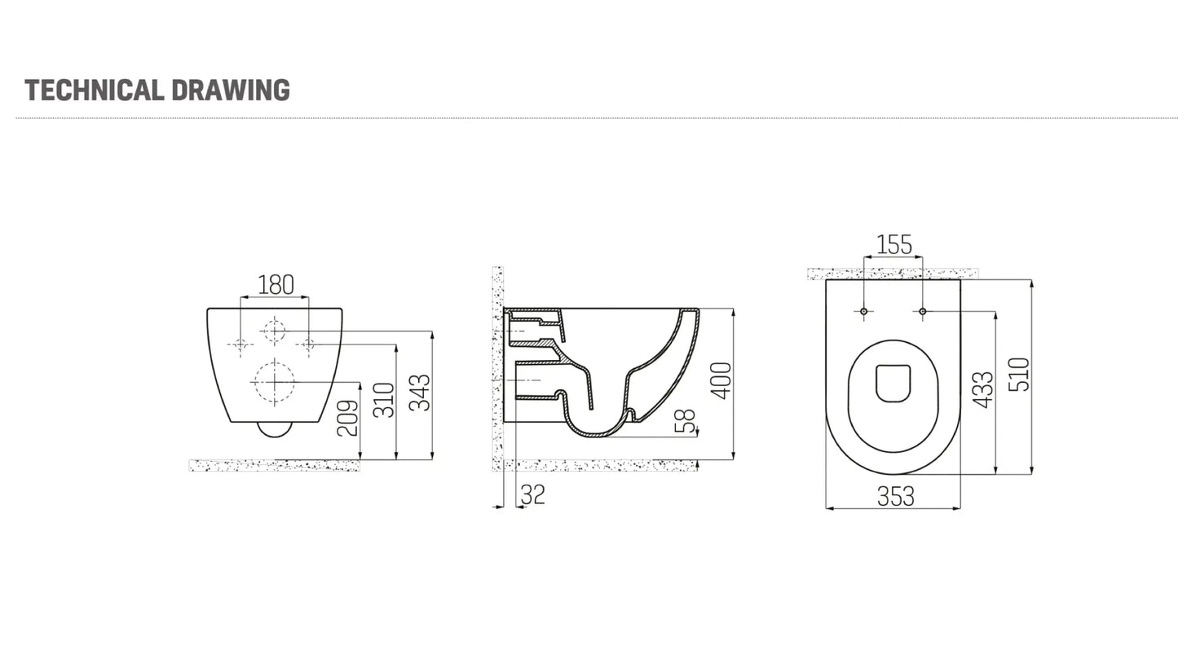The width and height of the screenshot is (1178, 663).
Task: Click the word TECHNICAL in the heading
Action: [x=94, y=90]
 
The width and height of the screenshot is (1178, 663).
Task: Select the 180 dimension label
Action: [x=275, y=285]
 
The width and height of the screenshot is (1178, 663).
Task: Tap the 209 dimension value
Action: [x=348, y=418]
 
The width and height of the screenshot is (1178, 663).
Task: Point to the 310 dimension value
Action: [x=384, y=400]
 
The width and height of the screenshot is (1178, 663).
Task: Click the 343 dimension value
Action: [x=420, y=393]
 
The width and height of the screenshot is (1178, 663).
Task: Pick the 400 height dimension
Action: [x=721, y=380]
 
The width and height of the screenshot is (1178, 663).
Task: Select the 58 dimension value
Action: [x=687, y=421]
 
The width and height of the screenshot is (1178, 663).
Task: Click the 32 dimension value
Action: [x=532, y=494]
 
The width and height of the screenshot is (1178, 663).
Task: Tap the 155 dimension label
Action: [x=893, y=244]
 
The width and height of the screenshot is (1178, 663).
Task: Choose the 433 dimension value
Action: [x=983, y=390]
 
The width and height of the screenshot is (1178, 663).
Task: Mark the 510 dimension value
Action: [x=1019, y=375]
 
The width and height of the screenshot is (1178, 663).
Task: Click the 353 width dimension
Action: [x=895, y=496]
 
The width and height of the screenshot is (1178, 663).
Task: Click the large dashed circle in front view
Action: [x=273, y=381]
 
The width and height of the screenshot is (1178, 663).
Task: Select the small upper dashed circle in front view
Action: [x=274, y=331]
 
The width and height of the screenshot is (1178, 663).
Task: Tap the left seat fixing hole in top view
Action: [x=864, y=311]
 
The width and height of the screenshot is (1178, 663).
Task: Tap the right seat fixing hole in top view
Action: [x=923, y=311]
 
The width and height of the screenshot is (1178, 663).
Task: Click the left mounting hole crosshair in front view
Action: [x=240, y=345]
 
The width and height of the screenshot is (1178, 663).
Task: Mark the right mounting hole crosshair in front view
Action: [x=308, y=345]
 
